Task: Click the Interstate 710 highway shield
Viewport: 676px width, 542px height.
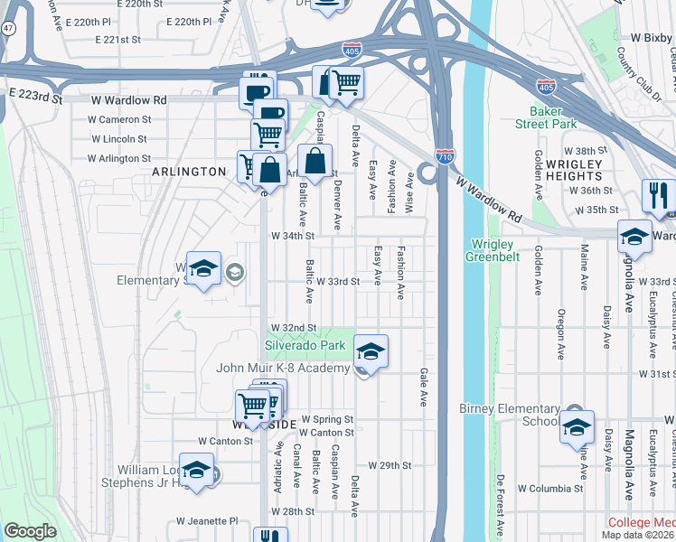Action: point(444,156)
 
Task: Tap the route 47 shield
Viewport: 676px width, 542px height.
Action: point(7,54)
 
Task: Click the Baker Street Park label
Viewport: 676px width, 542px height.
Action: point(546,117)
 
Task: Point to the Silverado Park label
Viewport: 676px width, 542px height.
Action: point(305,345)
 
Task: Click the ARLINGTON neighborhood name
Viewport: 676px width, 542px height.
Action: point(188,172)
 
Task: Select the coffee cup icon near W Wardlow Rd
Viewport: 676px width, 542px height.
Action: point(256,91)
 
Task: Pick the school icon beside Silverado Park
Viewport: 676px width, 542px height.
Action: point(369,350)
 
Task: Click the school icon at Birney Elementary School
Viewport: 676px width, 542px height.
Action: point(577,426)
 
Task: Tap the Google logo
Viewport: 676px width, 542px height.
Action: point(30,531)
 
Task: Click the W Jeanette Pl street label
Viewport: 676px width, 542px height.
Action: point(206,521)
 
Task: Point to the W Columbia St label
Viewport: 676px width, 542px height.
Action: point(550,489)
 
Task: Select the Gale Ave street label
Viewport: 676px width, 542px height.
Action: point(422,388)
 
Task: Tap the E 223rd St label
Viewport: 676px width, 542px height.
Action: point(36,94)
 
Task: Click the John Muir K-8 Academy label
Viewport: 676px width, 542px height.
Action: point(283,368)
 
